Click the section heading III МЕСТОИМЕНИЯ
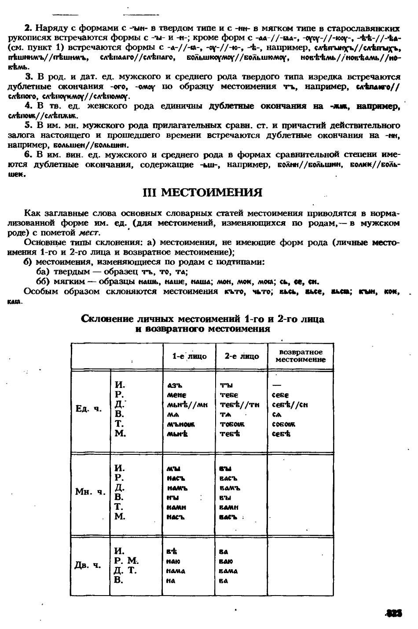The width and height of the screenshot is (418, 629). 203,193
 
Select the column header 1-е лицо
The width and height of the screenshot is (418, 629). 189,356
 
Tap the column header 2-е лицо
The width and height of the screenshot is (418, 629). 242,356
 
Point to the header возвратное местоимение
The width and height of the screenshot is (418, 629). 301,356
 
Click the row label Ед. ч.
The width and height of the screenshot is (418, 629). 88,409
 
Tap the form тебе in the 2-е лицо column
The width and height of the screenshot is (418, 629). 229,395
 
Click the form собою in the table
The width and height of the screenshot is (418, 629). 284,424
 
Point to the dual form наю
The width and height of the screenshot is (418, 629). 173,561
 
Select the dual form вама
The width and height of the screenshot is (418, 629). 228,571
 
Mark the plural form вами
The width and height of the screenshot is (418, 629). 228,507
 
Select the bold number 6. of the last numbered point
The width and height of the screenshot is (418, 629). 28,154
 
